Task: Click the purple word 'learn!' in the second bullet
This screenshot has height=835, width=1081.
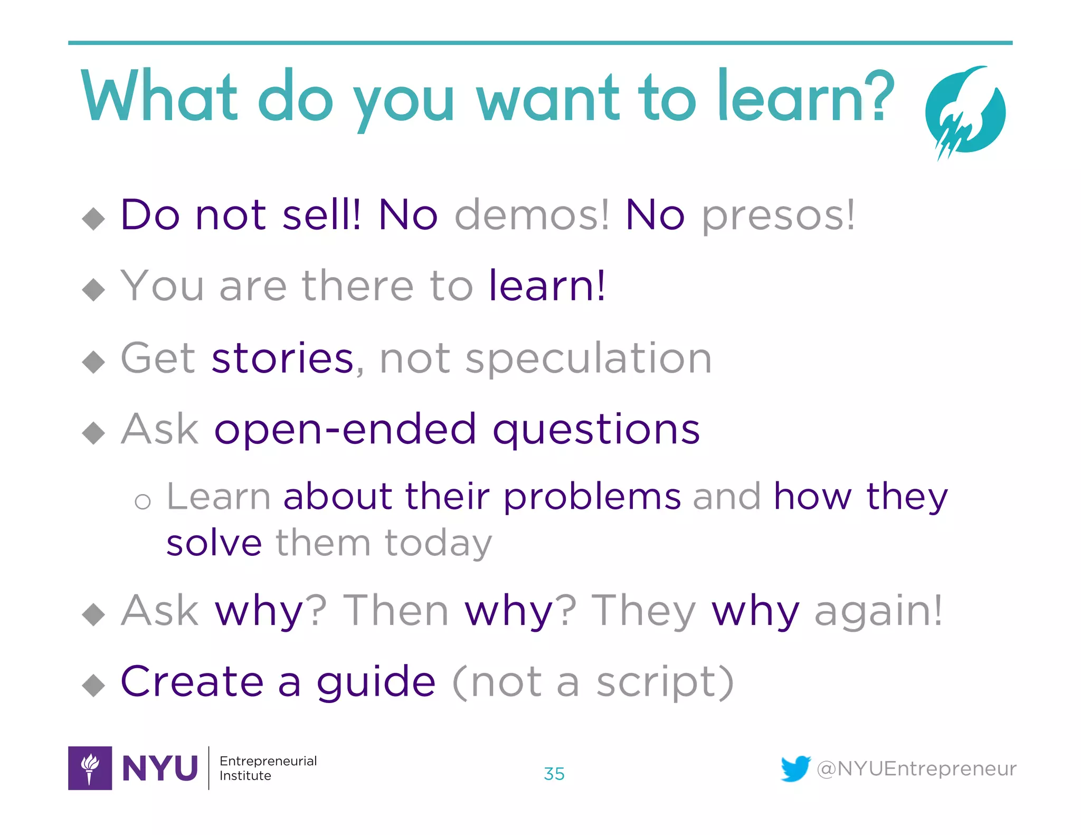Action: [x=547, y=286]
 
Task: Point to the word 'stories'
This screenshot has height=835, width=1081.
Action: [x=282, y=358]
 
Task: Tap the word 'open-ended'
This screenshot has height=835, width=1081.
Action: [x=345, y=430]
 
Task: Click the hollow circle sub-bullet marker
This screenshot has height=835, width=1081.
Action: [x=143, y=501]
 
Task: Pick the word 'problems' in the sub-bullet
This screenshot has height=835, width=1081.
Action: [x=592, y=497]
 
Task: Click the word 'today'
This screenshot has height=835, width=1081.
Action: [x=438, y=544]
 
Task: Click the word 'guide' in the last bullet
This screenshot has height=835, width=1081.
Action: [x=376, y=683]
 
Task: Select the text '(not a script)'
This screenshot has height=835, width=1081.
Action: [x=593, y=683]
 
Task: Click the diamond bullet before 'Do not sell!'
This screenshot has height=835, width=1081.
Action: [x=94, y=219]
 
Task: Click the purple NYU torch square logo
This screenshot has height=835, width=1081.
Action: [x=90, y=768]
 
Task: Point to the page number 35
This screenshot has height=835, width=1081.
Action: [x=554, y=774]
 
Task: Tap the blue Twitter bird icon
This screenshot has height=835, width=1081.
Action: [x=795, y=768]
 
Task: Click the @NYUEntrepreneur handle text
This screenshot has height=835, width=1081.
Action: [x=916, y=769]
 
